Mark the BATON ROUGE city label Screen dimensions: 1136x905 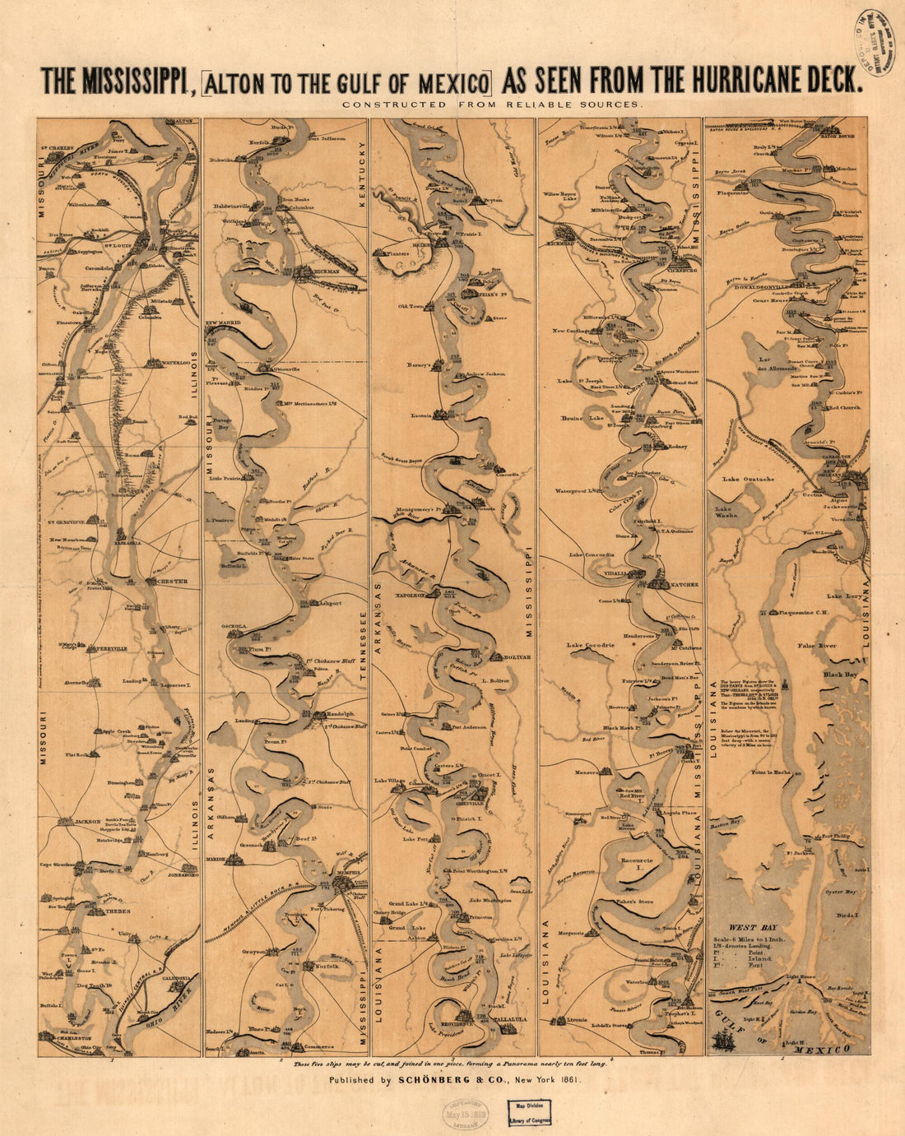coord(840,137)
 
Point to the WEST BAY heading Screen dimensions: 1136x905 coord(746,927)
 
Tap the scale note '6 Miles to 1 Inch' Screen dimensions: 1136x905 coord(745,939)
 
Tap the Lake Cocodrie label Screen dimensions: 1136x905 coord(590,646)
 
